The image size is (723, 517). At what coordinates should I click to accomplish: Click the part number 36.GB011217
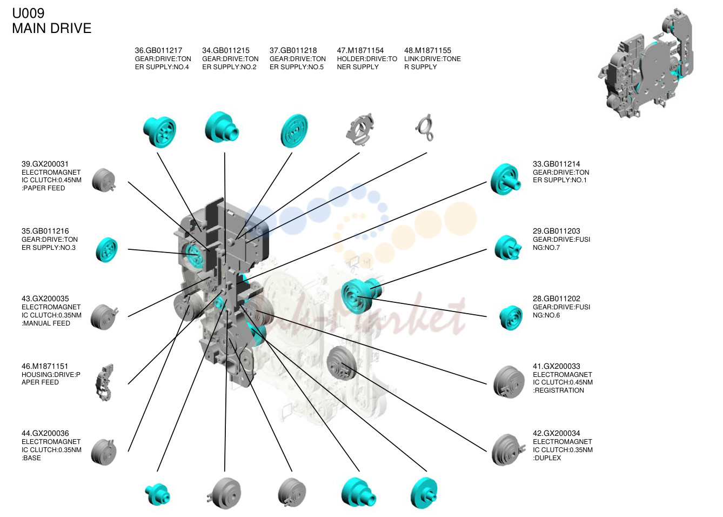click(x=158, y=50)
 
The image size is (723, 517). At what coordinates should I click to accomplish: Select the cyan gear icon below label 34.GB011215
click(x=222, y=127)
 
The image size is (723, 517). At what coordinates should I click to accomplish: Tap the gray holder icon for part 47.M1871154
click(x=360, y=129)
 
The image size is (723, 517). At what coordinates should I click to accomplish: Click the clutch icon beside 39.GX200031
click(x=104, y=180)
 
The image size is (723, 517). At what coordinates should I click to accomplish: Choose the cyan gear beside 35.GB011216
click(x=107, y=250)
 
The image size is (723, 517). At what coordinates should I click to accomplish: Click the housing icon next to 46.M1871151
click(x=104, y=382)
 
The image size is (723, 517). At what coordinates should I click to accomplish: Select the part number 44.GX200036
click(x=45, y=433)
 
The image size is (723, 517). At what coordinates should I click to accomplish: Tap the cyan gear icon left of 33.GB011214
click(x=505, y=180)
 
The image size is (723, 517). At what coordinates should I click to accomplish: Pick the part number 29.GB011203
click(x=557, y=231)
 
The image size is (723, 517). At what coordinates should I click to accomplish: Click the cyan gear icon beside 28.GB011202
click(x=511, y=317)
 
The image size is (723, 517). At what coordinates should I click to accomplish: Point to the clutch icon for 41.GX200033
click(x=508, y=382)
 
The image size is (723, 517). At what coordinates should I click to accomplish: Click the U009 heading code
click(x=28, y=13)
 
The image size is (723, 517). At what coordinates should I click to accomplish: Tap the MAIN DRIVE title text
click(x=52, y=29)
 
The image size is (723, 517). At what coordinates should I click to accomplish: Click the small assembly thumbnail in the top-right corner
click(x=646, y=63)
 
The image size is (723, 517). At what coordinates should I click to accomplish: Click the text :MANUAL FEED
click(x=46, y=323)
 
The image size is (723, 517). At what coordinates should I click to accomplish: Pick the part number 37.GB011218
click(x=293, y=50)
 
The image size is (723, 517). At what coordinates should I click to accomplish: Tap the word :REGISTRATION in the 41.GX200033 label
click(x=558, y=390)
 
